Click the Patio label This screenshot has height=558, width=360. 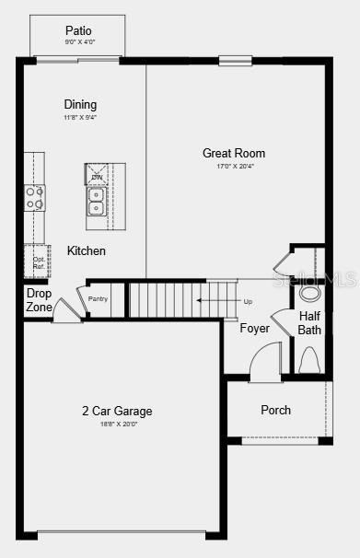click(78, 30)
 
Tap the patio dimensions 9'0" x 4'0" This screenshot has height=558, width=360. click(78, 42)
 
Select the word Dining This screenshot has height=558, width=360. click(80, 104)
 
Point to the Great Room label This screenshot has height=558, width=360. click(234, 153)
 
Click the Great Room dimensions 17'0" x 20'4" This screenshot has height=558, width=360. click(234, 166)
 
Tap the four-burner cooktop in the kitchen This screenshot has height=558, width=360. click(34, 197)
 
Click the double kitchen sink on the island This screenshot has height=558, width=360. click(96, 201)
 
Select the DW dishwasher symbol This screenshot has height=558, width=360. click(97, 175)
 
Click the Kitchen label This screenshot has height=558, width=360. click(87, 250)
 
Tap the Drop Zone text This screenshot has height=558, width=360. click(39, 300)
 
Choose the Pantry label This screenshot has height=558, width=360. click(99, 298)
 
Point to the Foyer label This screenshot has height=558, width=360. click(255, 328)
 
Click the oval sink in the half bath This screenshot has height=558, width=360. click(310, 293)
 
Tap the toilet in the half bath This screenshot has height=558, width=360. click(309, 358)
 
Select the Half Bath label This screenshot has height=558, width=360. click(309, 322)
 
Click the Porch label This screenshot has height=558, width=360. click(275, 410)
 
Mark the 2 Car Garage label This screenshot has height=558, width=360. click(116, 411)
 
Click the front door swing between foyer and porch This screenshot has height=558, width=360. click(265, 362)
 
